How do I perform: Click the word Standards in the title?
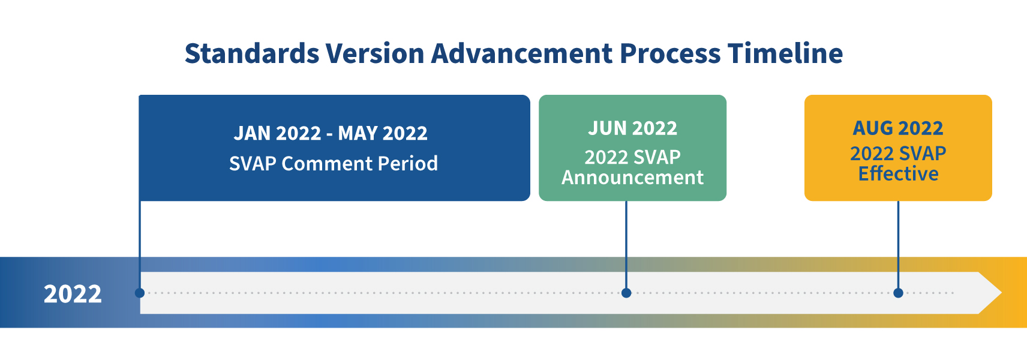pyautogui.click(x=252, y=53)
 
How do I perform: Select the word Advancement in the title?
pyautogui.click(x=522, y=53)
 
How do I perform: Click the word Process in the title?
pyautogui.click(x=670, y=53)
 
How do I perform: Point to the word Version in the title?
pyautogui.click(x=375, y=53)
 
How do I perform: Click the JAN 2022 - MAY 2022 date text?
pyautogui.click(x=331, y=133)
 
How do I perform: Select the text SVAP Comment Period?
pyautogui.click(x=334, y=163)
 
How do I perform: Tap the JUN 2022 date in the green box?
pyautogui.click(x=633, y=128)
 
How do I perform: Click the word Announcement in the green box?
pyautogui.click(x=633, y=178)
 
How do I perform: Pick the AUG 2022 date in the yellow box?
pyautogui.click(x=898, y=128)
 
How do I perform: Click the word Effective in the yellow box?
pyautogui.click(x=898, y=174)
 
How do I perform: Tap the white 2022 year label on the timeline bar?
pyautogui.click(x=73, y=294)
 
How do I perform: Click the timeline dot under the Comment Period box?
pyautogui.click(x=140, y=293)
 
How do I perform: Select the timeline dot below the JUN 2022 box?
pyautogui.click(x=626, y=293)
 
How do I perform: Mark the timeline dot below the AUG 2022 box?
pyautogui.click(x=898, y=293)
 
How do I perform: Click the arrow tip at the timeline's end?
pyautogui.click(x=1002, y=293)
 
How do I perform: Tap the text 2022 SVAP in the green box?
pyautogui.click(x=633, y=157)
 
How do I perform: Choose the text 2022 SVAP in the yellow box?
pyautogui.click(x=898, y=154)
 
